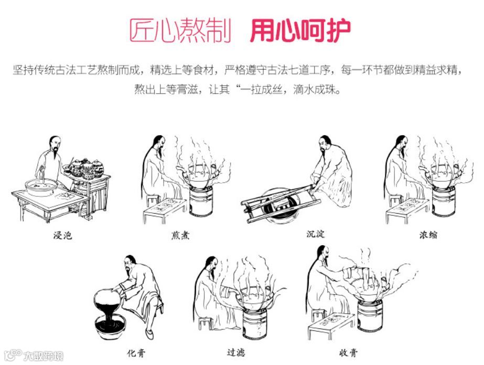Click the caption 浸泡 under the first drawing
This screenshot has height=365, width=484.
tap(63, 235)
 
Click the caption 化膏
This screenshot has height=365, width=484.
tap(136, 352)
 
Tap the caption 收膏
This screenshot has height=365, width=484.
tap(348, 352)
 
